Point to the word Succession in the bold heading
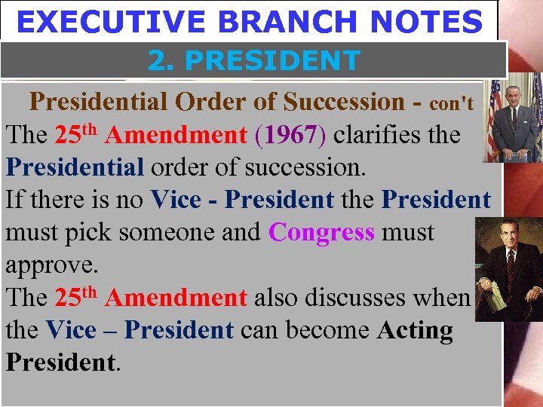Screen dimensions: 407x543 click(343, 101)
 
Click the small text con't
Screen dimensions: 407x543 click(451, 103)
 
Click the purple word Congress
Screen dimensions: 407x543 click(321, 232)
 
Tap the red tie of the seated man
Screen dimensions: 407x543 click(511, 261)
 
